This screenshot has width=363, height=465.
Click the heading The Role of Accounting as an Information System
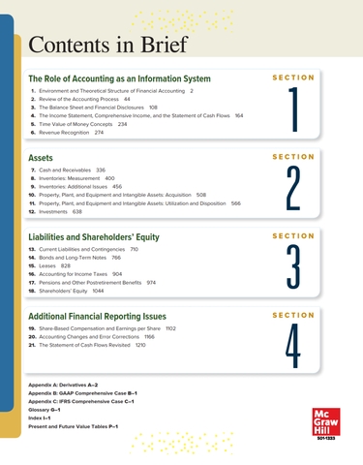click(119, 78)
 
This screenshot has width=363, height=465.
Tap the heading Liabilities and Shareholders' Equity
click(93, 236)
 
